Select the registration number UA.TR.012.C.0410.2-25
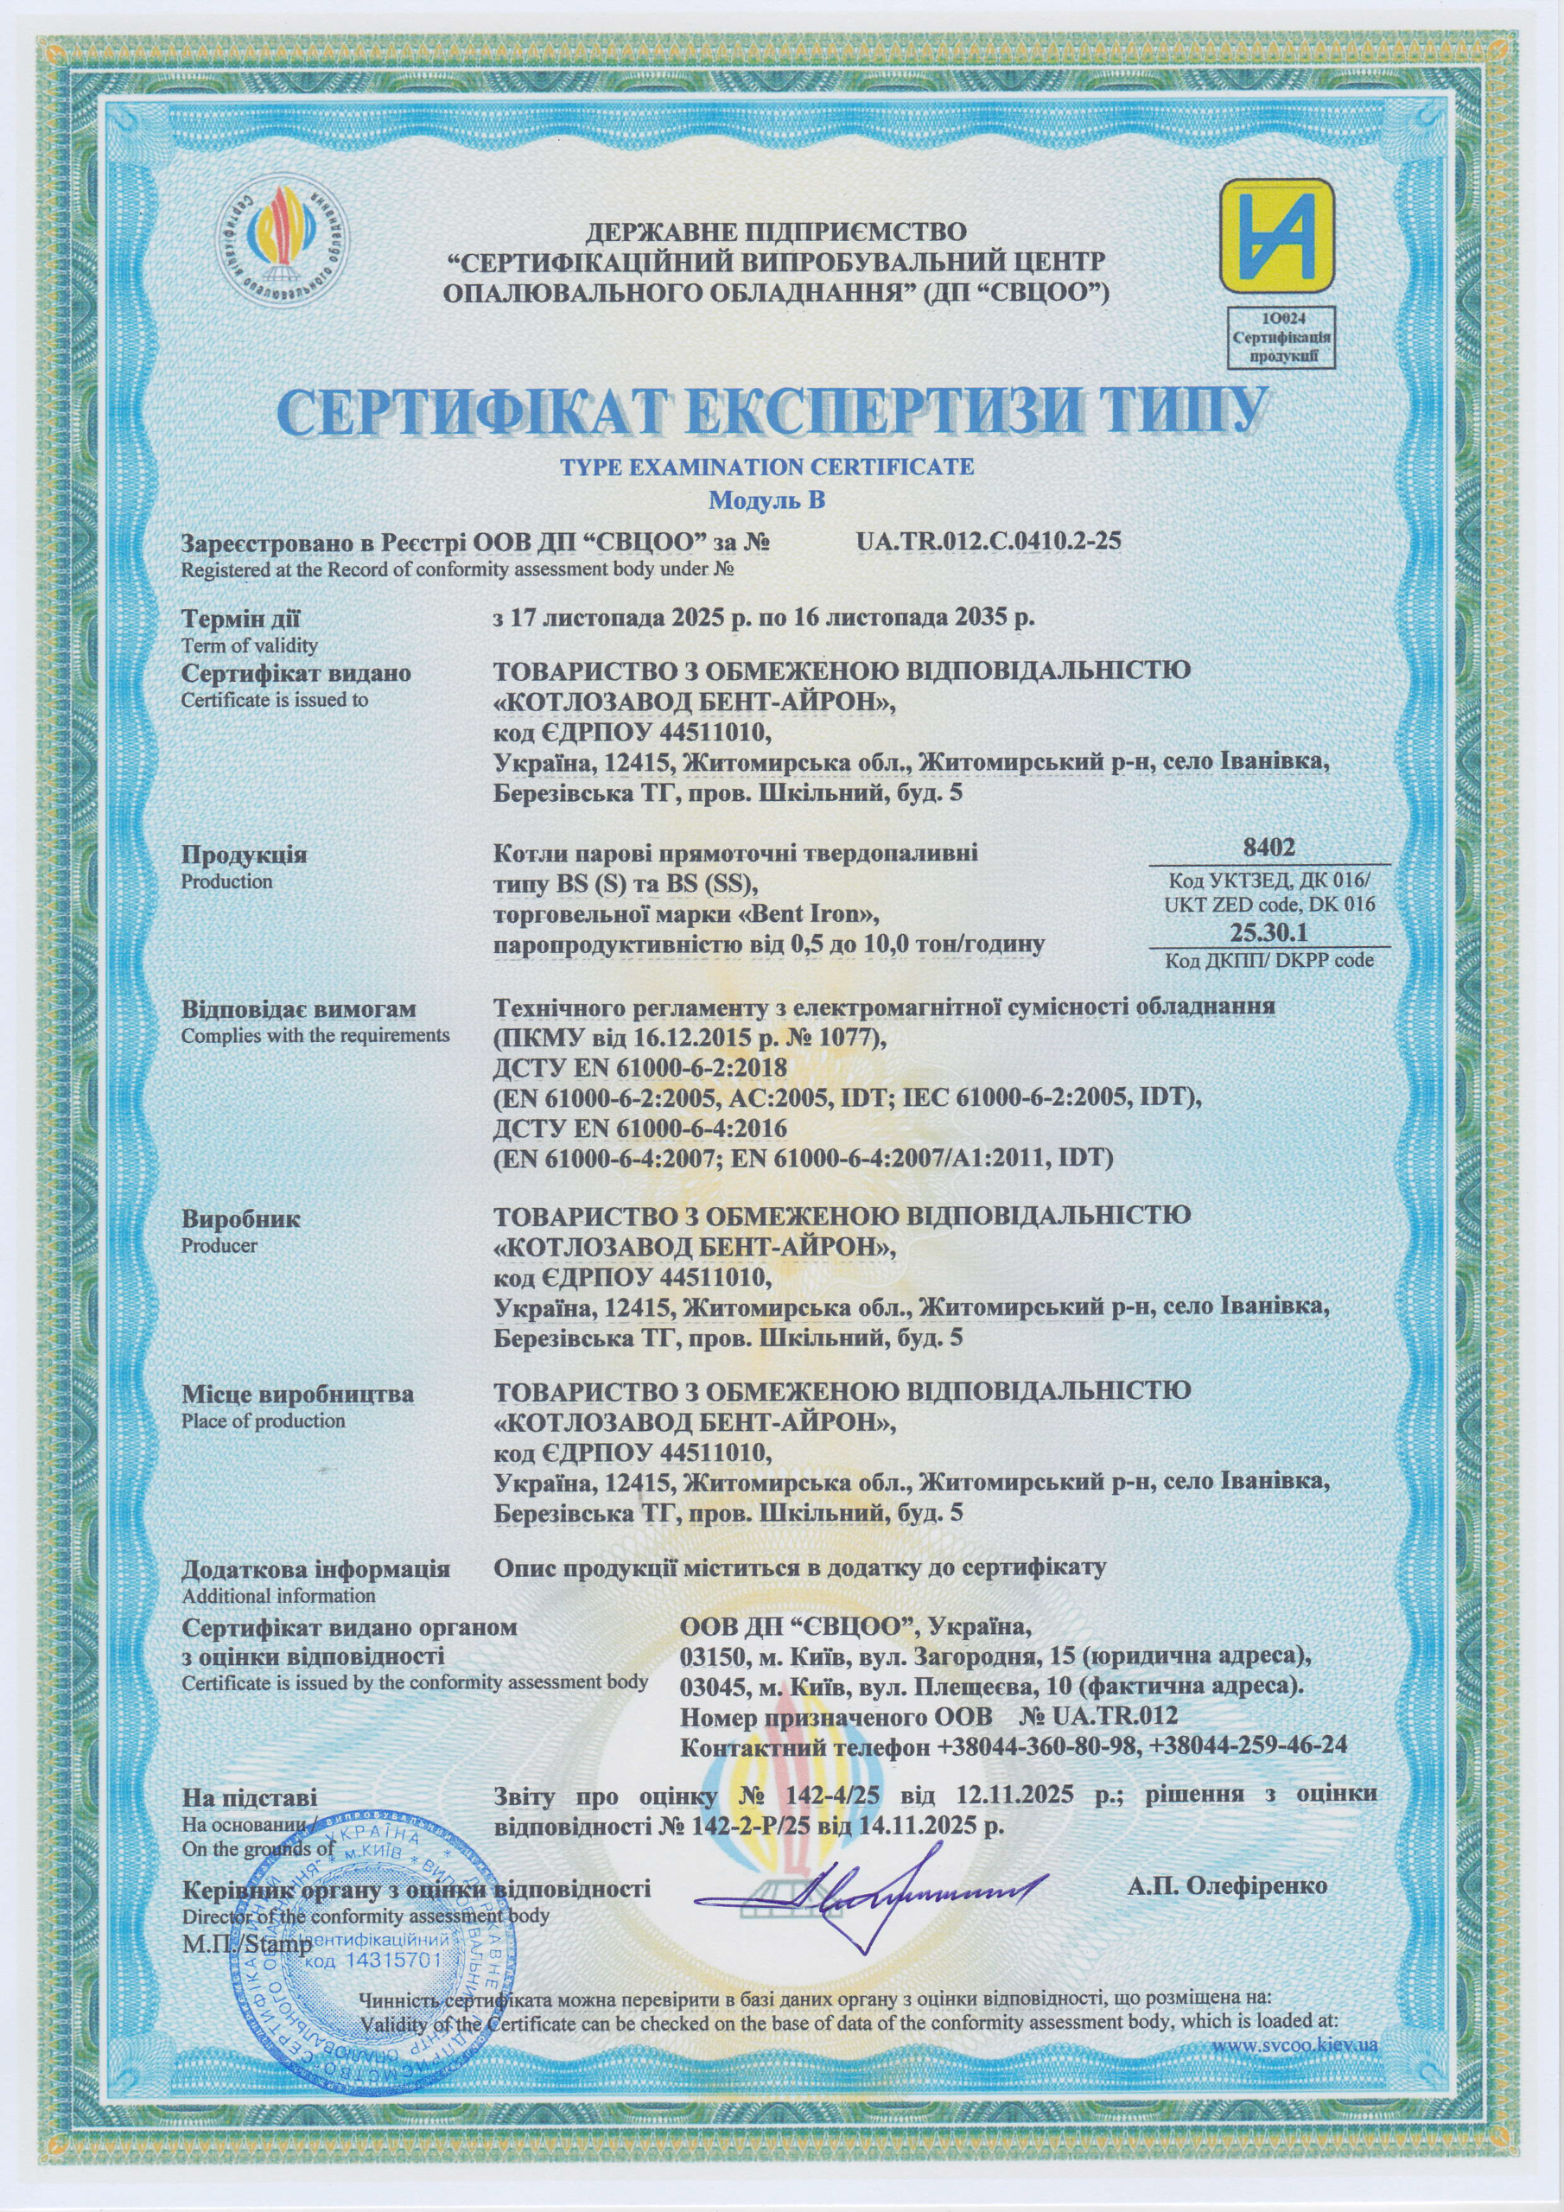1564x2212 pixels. pyautogui.click(x=988, y=542)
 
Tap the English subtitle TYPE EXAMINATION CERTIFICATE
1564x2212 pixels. pyautogui.click(x=767, y=467)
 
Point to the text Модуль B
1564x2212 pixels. pyautogui.click(x=767, y=500)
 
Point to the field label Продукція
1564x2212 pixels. pyautogui.click(x=245, y=855)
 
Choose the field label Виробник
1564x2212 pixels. pyautogui.click(x=241, y=1218)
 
